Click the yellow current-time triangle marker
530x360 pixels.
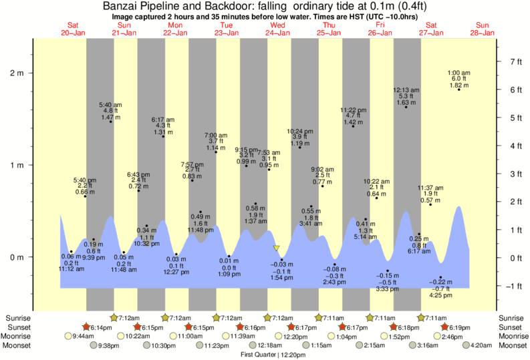point(276,248)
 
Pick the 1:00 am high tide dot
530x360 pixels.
point(459,89)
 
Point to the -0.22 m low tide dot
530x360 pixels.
point(440,277)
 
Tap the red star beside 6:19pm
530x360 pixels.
point(445,327)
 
